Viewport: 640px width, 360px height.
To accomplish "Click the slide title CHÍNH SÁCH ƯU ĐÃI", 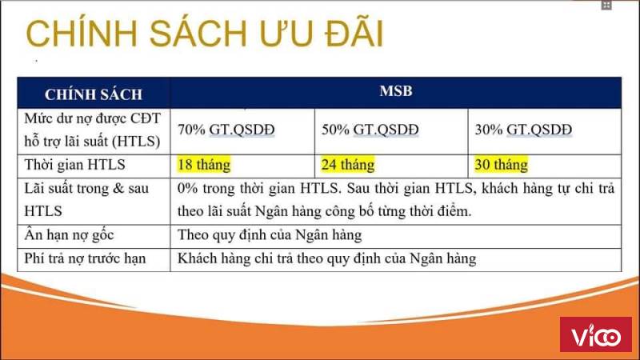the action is point(205,33).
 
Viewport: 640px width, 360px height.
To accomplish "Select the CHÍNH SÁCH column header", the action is point(94,94).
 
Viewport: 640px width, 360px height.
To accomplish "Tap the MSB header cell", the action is point(396,91).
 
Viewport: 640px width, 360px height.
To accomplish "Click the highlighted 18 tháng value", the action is point(204,165).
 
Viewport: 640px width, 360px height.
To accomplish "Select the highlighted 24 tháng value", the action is point(348,165).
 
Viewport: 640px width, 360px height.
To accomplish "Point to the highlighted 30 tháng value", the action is point(502,165).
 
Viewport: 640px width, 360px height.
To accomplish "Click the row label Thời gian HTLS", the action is point(74,165).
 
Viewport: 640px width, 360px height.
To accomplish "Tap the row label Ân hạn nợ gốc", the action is point(69,234).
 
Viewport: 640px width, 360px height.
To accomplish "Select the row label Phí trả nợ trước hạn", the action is point(85,258).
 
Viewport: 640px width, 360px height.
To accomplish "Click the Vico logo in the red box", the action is point(596,334).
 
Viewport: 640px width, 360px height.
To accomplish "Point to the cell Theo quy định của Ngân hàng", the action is point(270,235).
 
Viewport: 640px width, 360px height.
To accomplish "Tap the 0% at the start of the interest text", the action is point(187,188).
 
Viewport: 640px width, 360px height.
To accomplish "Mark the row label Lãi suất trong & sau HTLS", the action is point(86,199).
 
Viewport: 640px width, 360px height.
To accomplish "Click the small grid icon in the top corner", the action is point(606,6).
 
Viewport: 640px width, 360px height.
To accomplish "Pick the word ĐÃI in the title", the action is point(354,33).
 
